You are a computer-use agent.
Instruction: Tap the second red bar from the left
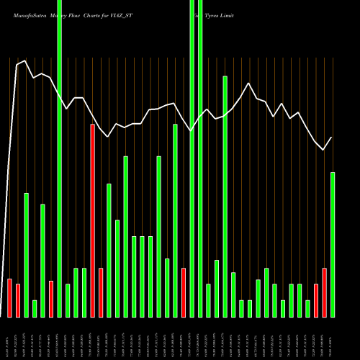[x=18, y=300]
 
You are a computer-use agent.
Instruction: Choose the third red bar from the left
[x=51, y=299]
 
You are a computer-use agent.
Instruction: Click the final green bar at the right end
[x=333, y=245]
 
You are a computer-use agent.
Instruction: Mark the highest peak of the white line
[x=26, y=61]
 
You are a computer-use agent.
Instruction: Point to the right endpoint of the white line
[x=332, y=138]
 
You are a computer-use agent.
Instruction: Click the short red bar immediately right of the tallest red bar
[x=101, y=292]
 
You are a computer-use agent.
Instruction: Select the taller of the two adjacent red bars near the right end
[x=324, y=292]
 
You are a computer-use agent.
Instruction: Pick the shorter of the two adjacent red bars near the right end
[x=316, y=300]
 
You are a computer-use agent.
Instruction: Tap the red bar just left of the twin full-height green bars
[x=184, y=292]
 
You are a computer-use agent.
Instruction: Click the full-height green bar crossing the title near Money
[x=60, y=158]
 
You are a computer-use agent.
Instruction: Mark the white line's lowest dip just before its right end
[x=324, y=149]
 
